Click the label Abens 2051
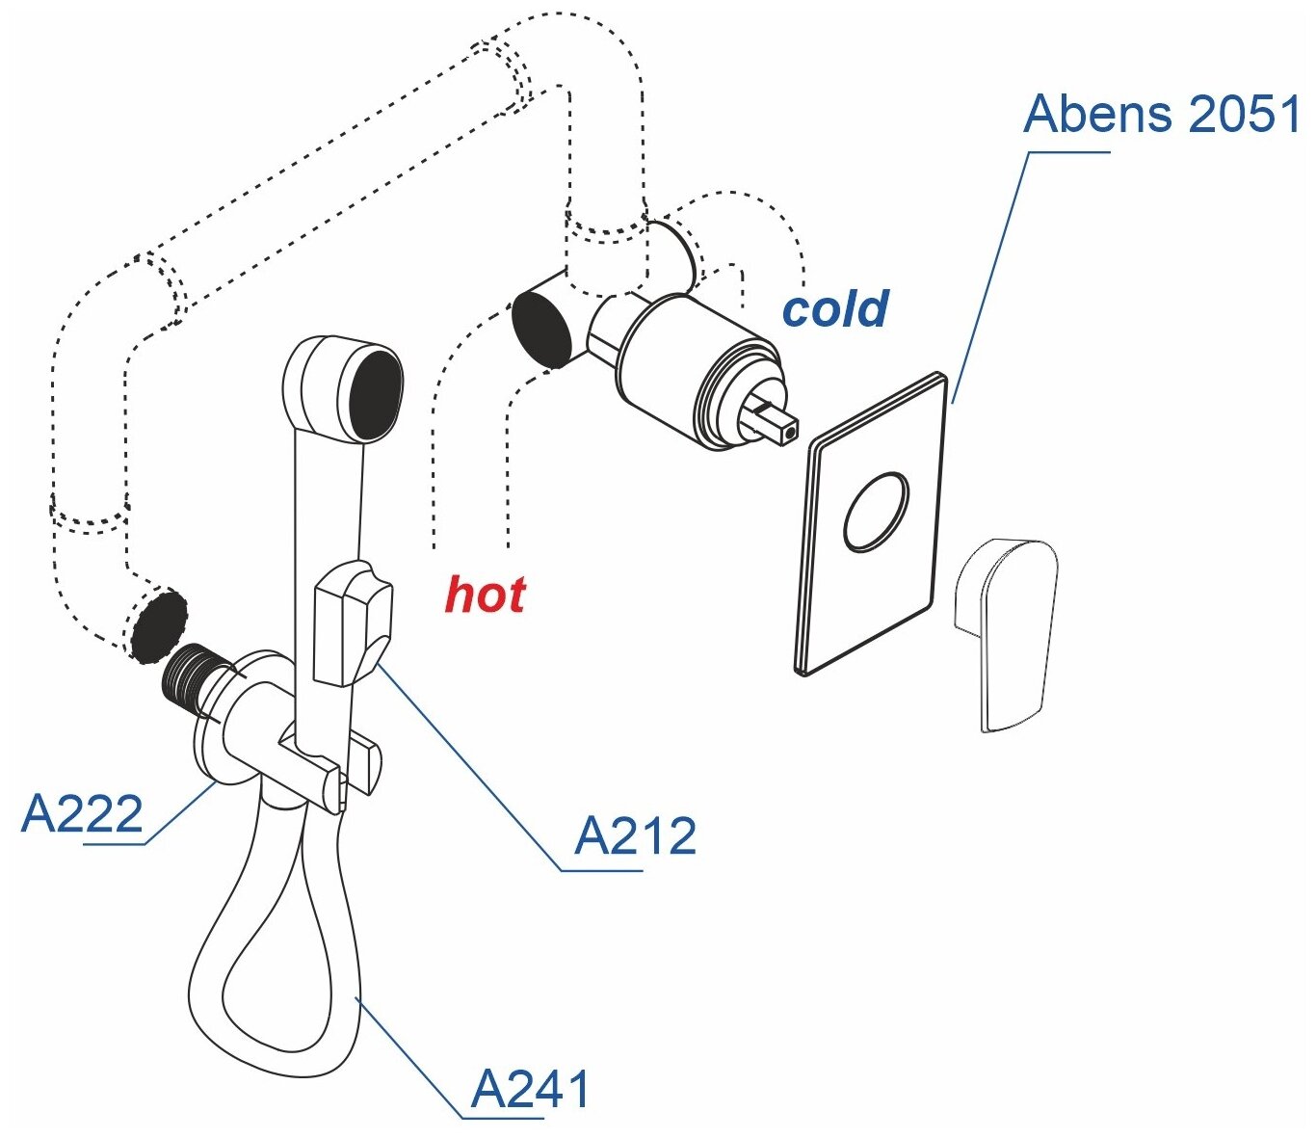pos(1162,115)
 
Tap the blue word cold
pos(834,309)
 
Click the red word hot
pos(485,595)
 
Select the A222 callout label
pos(82,814)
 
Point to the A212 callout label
pos(635,836)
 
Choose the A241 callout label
pos(530,1090)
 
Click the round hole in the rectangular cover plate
pos(876,512)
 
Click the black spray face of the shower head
pos(374,393)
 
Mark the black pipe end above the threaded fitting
pos(158,626)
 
